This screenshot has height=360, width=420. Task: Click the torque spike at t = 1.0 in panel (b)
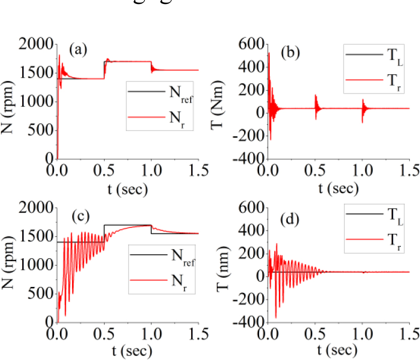[x=363, y=108]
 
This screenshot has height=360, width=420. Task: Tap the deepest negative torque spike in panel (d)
[x=275, y=317]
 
